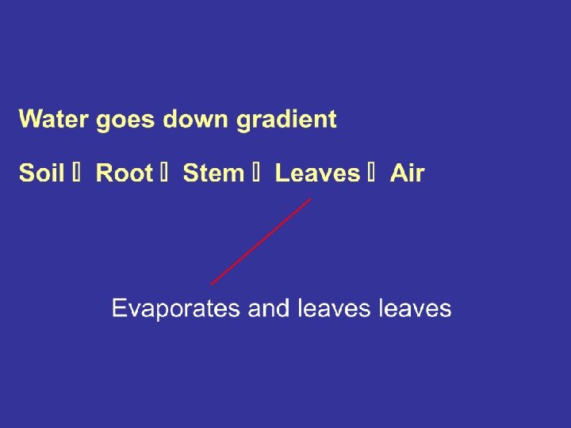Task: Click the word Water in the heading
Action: [54, 120]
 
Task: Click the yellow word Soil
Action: [41, 174]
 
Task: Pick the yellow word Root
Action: [124, 174]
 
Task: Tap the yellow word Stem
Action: [213, 174]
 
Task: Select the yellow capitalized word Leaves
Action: [317, 174]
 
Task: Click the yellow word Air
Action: [408, 174]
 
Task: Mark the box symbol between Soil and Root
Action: [79, 174]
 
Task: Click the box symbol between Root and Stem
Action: [167, 174]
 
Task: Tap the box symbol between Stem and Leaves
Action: [259, 174]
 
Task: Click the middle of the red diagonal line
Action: [261, 241]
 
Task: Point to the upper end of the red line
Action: [310, 199]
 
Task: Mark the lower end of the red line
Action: [212, 284]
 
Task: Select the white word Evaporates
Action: [176, 308]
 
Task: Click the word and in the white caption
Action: [270, 308]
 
